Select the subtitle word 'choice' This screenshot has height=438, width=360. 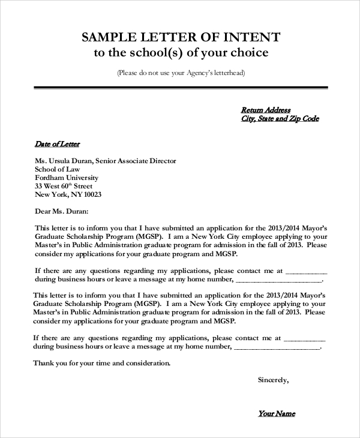[248, 53]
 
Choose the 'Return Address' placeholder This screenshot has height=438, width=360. [266, 110]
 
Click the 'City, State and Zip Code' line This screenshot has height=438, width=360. [280, 119]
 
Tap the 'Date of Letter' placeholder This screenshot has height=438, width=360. [57, 144]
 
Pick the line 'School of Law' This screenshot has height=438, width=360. [58, 170]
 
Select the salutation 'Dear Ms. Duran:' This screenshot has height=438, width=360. [62, 211]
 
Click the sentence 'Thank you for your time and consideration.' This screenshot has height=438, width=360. [102, 363]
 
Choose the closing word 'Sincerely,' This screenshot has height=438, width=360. [273, 380]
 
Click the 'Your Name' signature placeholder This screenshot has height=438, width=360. [277, 413]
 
